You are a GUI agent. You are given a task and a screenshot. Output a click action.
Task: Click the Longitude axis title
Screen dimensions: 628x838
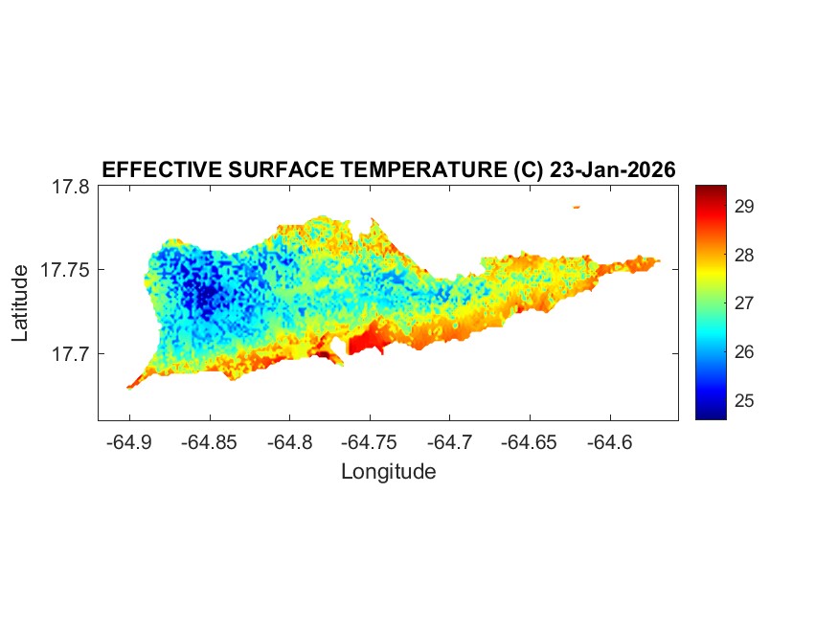tap(388, 472)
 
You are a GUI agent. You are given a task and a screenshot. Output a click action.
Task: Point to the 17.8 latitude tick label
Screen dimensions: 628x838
tap(70, 188)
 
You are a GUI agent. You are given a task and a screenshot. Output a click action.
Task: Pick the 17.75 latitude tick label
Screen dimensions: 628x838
tap(65, 270)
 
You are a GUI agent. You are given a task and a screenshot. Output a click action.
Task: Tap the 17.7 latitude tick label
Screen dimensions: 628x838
tap(70, 353)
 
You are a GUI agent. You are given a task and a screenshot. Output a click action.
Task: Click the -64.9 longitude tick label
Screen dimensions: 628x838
tap(130, 442)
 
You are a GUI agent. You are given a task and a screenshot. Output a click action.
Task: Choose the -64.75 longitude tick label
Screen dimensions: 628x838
tap(367, 442)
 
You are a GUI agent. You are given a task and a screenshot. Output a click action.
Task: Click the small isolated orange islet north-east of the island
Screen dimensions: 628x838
tap(577, 207)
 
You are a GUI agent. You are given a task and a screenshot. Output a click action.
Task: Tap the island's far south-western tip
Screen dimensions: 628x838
tap(130, 387)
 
